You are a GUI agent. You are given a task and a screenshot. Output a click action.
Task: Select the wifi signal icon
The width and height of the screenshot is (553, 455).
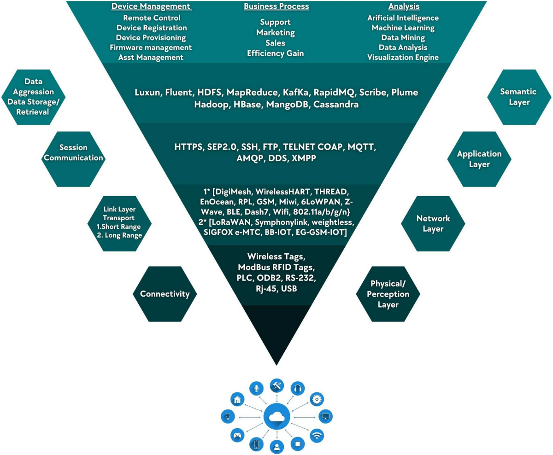tap(317, 435)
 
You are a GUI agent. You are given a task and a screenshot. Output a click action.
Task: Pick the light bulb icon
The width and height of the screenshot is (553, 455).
tap(227, 416)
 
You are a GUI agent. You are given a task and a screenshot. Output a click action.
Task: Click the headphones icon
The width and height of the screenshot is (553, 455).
tap(297, 388)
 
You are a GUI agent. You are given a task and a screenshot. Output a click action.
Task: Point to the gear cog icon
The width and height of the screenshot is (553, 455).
tap(316, 399)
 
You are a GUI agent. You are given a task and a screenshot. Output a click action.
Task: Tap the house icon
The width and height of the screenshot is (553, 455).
tap(237, 399)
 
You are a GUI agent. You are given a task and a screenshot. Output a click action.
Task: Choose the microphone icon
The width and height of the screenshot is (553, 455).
tap(256, 388)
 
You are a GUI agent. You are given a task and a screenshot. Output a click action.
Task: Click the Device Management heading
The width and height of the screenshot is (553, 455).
tap(151, 7)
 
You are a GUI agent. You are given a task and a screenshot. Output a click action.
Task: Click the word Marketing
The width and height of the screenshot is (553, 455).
tap(276, 33)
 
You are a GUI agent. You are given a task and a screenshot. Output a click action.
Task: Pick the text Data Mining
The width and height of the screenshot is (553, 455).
tap(403, 38)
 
